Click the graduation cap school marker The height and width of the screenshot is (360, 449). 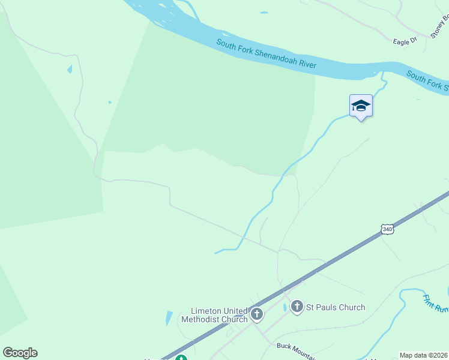click(x=361, y=106)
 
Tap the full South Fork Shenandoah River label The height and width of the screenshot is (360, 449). click(x=266, y=55)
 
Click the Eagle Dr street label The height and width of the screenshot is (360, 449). click(x=405, y=41)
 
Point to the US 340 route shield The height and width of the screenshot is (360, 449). click(x=387, y=229)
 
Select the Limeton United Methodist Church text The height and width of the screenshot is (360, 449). click(x=219, y=315)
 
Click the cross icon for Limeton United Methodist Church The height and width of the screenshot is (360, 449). click(x=257, y=313)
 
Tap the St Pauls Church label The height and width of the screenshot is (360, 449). click(x=336, y=307)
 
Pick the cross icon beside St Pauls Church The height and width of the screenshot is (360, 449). click(x=297, y=307)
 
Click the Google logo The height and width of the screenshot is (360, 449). click(x=20, y=353)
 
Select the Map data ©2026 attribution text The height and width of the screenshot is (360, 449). click(x=424, y=355)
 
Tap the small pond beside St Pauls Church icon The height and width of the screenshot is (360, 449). click(x=285, y=308)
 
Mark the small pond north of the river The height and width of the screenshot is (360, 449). click(x=264, y=13)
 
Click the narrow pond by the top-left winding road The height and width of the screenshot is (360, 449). click(x=70, y=69)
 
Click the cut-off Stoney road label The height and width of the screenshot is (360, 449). click(x=439, y=29)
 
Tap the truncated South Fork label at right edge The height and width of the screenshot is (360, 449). click(x=427, y=82)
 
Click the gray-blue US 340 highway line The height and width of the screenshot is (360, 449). click(x=336, y=257)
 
